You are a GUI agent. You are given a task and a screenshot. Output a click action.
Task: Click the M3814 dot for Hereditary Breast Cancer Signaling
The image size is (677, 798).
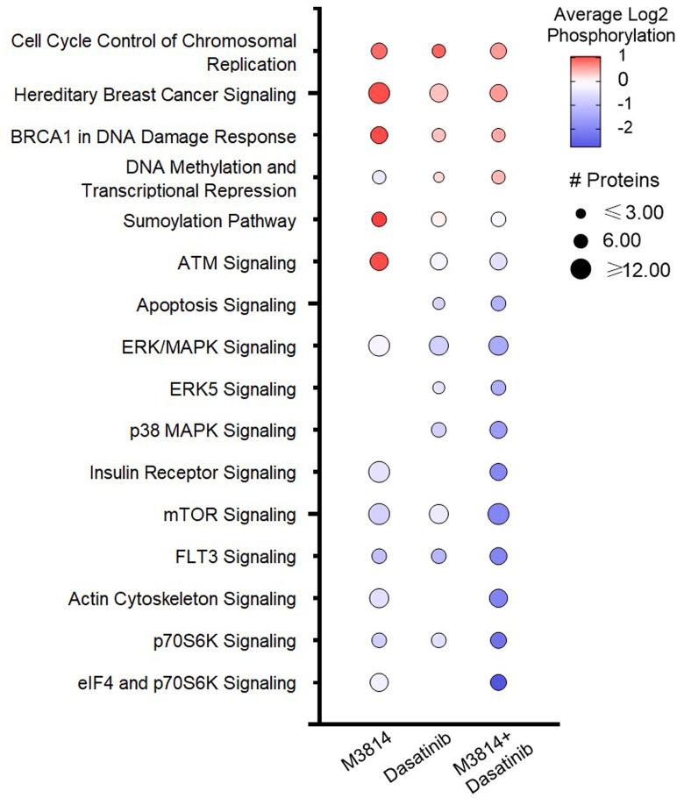379,94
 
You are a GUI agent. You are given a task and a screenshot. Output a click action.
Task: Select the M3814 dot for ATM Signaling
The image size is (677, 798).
379,261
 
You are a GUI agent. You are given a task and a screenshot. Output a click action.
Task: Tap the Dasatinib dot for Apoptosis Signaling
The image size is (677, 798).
438,303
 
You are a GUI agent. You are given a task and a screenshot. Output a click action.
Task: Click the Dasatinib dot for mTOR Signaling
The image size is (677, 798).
438,514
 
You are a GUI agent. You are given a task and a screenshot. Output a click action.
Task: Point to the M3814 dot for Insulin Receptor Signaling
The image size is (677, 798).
379,473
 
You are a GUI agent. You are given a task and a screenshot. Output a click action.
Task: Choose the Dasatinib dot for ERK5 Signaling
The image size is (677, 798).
438,388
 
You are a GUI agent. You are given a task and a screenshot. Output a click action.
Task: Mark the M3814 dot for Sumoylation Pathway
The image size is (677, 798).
379,219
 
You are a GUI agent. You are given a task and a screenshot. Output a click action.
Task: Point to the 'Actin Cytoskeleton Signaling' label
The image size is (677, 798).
182,599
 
